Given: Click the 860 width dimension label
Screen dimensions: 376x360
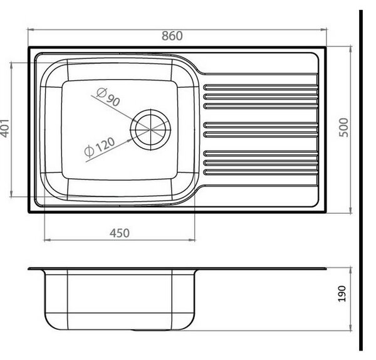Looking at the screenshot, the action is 172,36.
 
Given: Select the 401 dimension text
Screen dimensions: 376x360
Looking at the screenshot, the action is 5,129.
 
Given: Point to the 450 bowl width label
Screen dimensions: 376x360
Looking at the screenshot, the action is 120,233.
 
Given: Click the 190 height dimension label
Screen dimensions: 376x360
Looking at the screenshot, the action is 342,294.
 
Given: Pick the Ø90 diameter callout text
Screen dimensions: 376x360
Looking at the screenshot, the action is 108,97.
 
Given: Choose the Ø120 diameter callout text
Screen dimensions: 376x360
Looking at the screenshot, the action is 100,147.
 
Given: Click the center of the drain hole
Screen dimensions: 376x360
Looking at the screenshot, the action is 150,130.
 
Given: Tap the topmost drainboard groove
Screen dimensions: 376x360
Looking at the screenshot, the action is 261,87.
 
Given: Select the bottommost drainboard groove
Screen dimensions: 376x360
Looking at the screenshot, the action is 261,172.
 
